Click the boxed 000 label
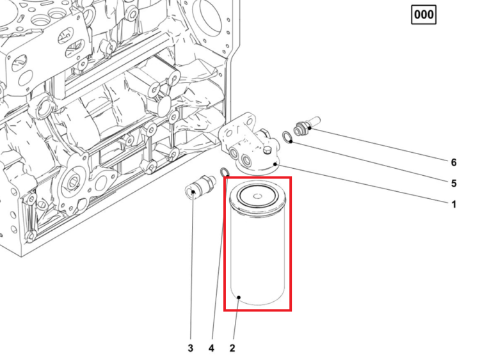[424, 15]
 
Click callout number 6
[454, 162]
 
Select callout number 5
[454, 184]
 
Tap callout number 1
[454, 204]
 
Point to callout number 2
[232, 348]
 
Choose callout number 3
[191, 348]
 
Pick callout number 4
[211, 348]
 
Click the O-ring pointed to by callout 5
[287, 137]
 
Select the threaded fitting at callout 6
[307, 125]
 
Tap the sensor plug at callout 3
[199, 186]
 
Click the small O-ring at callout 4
[225, 172]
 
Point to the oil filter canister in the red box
[258, 243]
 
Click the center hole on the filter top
[257, 196]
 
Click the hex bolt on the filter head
[267, 150]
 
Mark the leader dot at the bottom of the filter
[239, 297]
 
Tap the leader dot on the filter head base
[275, 164]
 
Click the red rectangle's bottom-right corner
[291, 311]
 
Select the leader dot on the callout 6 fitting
[310, 127]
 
